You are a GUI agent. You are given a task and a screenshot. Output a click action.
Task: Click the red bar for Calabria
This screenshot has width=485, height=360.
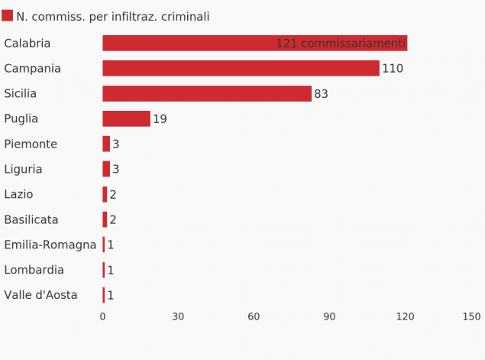[191, 44]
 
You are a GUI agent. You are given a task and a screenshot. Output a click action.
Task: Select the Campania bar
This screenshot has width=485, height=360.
[241, 69]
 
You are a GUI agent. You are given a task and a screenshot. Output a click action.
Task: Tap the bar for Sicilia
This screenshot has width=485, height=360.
[207, 94]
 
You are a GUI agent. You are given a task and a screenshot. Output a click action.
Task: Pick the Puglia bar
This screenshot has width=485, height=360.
[126, 119]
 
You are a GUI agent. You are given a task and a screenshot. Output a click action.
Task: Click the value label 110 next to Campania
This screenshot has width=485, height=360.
[393, 69]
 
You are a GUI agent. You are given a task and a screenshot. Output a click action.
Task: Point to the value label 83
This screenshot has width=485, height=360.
[321, 94]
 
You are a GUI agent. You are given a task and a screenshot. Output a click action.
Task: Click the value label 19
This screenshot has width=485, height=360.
[160, 119]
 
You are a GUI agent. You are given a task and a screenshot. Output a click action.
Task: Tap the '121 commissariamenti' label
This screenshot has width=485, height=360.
[341, 44]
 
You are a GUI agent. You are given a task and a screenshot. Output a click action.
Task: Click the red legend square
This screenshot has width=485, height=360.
[8, 16]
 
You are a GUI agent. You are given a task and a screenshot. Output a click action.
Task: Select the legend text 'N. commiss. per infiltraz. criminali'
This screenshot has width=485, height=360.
[113, 17]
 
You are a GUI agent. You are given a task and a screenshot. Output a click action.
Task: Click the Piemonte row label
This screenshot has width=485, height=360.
[31, 144]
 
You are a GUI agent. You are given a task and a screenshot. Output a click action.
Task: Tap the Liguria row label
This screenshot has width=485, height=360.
[23, 170]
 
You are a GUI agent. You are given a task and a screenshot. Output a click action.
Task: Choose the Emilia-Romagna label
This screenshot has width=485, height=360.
[50, 245]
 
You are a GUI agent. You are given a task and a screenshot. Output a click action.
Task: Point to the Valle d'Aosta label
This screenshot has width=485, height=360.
[40, 296]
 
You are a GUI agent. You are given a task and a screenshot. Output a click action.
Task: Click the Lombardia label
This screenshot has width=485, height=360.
[34, 271]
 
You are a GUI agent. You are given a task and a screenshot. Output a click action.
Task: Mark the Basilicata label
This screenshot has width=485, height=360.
[31, 220]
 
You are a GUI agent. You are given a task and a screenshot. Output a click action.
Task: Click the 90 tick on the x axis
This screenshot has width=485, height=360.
[329, 316]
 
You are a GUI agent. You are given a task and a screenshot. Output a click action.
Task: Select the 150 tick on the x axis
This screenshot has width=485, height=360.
[471, 316]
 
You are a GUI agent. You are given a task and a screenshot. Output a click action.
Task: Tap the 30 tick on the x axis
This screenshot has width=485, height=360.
[178, 316]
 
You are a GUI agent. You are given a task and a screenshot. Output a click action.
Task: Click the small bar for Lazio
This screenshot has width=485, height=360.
[105, 195]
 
